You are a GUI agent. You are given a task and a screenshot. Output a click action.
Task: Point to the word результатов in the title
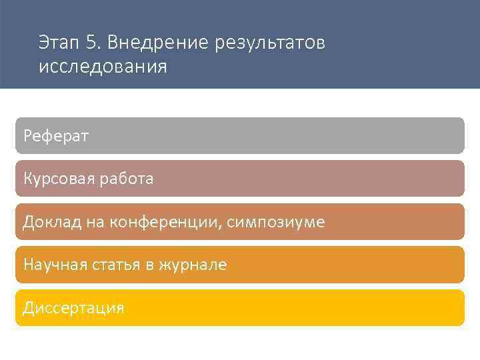coord(270,44)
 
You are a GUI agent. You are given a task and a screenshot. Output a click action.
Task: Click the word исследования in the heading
coord(103,68)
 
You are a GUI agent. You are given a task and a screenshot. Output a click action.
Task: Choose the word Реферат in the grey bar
coord(56,136)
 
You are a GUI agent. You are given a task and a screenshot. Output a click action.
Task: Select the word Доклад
coord(52,222)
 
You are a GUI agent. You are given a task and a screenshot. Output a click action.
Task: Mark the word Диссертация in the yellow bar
coord(73,308)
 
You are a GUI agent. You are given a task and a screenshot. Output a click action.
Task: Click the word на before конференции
coord(94,222)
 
